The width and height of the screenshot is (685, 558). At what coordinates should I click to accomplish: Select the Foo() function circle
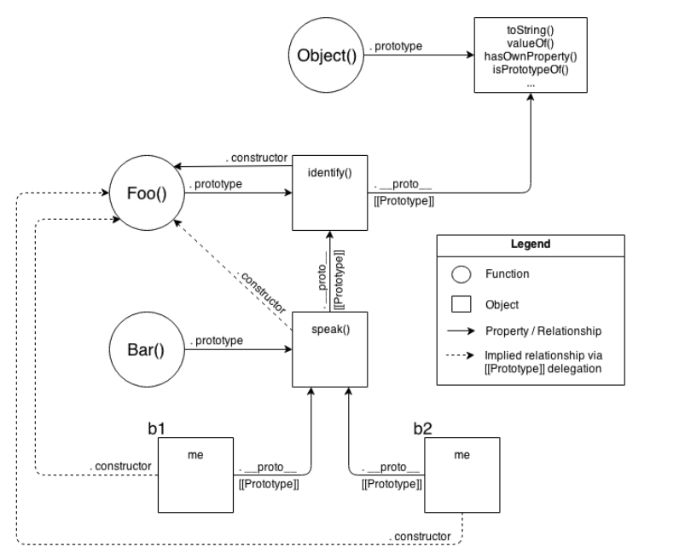click(x=148, y=194)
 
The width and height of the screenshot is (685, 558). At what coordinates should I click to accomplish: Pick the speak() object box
click(x=329, y=348)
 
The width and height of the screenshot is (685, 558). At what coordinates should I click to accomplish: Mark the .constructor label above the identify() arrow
click(x=256, y=158)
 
